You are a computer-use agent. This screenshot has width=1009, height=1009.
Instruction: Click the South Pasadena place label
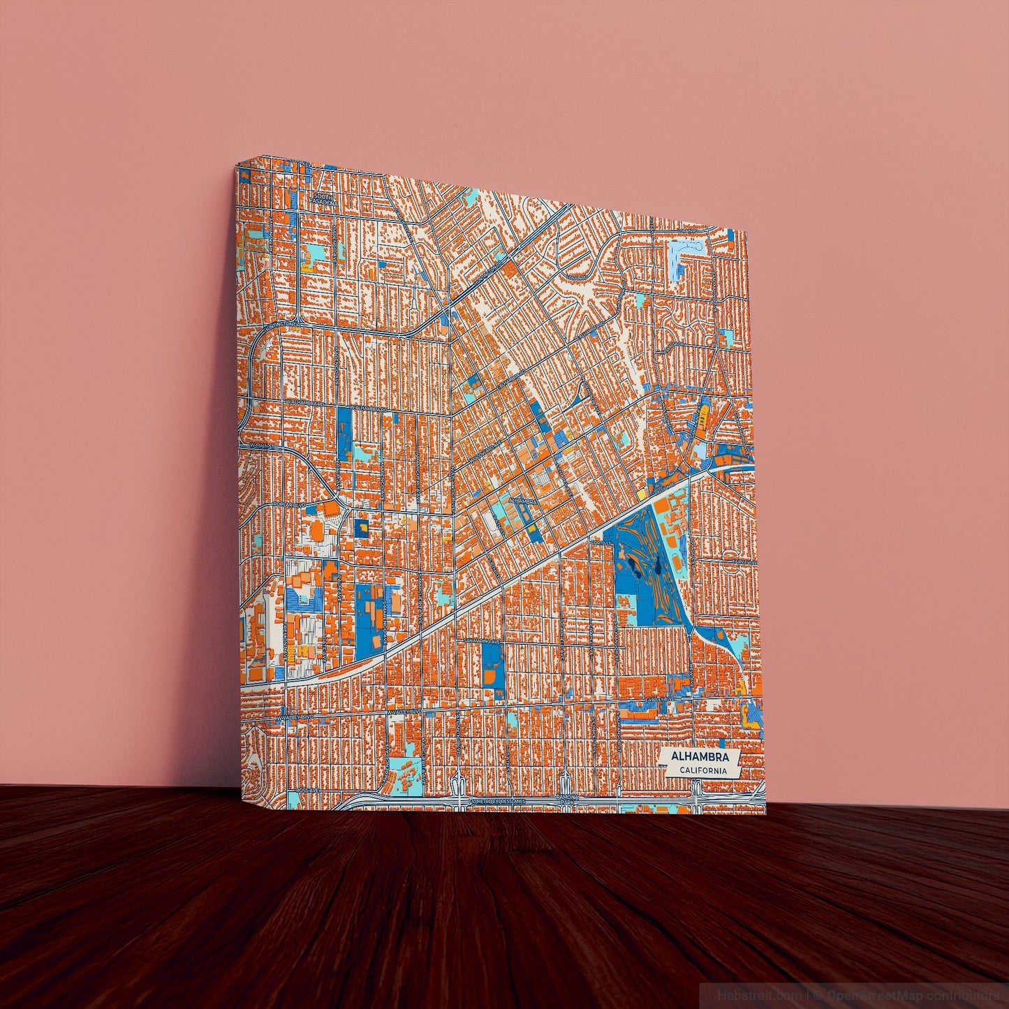[325, 200]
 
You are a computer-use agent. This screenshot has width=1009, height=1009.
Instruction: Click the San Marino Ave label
[483, 640]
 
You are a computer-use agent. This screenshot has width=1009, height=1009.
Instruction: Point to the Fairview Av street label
[744, 561]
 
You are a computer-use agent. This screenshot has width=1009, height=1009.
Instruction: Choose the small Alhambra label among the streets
[522, 501]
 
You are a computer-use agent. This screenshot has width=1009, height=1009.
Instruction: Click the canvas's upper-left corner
[237, 165]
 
